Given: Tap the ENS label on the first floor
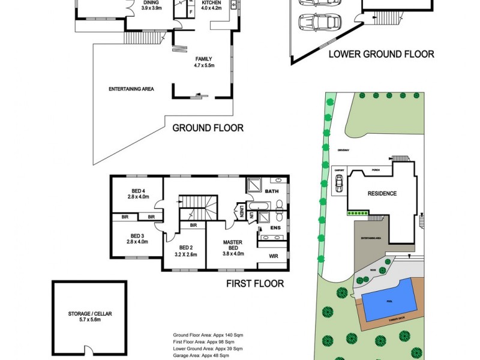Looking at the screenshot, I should point(275,229).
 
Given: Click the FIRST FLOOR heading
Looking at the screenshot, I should point(254,284).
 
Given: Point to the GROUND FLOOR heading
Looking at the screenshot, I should point(208,128).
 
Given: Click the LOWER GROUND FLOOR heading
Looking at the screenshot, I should point(381,54).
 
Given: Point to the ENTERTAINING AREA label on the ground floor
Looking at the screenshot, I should point(131,89).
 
